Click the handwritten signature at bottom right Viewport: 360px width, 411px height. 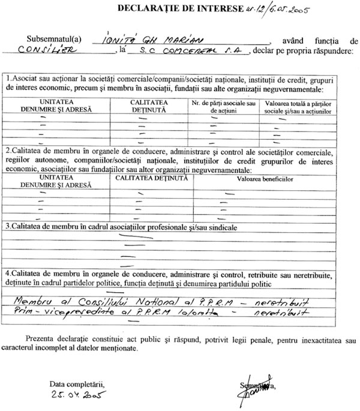click(250, 391)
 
